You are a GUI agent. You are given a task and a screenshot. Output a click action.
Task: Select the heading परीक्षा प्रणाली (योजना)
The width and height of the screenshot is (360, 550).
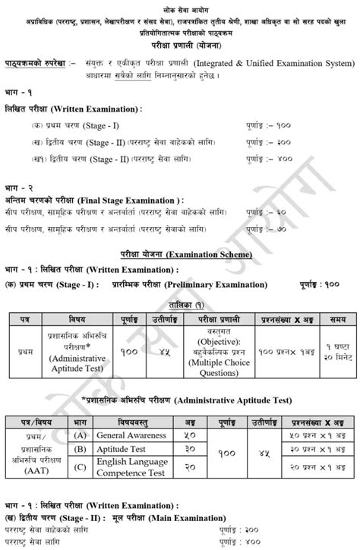(x=180, y=44)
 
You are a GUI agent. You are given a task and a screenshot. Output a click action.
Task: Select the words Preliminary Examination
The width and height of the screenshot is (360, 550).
(x=216, y=285)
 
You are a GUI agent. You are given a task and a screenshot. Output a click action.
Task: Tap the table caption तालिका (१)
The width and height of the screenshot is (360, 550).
(x=180, y=300)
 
